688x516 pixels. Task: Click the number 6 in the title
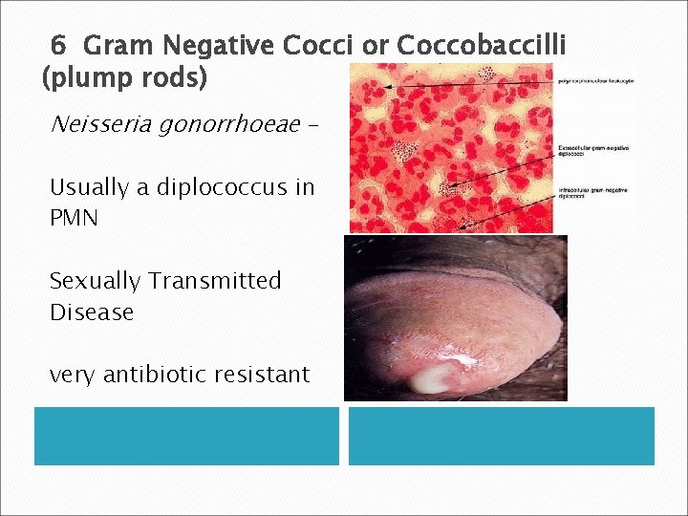(x=58, y=45)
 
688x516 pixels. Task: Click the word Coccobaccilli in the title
(x=481, y=45)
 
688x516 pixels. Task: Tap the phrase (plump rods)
(x=125, y=77)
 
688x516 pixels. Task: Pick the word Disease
(x=92, y=312)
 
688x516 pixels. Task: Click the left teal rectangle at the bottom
(x=186, y=436)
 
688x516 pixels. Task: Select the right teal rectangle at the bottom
(x=501, y=436)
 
